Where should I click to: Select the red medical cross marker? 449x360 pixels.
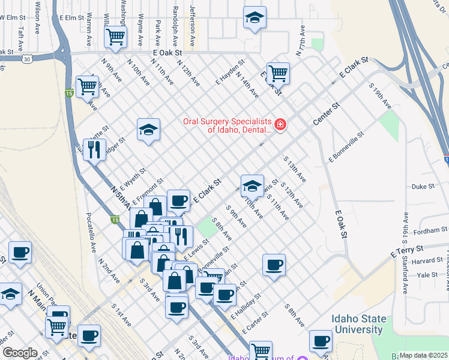[280, 125]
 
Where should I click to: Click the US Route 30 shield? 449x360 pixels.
[27, 59]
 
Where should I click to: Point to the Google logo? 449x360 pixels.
[20, 353]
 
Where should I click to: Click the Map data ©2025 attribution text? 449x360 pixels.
[423, 355]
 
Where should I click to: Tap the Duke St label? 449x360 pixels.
[423, 187]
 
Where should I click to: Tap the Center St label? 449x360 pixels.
[326, 114]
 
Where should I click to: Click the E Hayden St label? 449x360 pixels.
[232, 71]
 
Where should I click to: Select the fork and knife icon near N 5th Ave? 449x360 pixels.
[93, 149]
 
